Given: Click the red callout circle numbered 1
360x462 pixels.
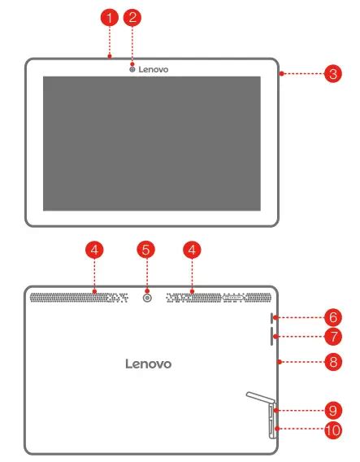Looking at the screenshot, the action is click(x=110, y=17).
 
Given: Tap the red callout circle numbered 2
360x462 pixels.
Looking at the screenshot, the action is click(x=132, y=17).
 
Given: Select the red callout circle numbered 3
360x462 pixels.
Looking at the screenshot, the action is click(x=333, y=74).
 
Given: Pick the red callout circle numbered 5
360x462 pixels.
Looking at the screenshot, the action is click(x=146, y=251).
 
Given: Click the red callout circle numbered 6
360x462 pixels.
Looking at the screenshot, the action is click(x=333, y=317).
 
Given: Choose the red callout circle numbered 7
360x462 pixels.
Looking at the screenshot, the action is click(x=333, y=337).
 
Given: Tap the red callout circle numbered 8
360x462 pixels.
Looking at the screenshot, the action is click(x=333, y=362).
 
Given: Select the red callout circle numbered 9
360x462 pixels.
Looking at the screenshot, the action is click(x=333, y=411).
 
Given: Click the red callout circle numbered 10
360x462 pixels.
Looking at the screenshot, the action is click(x=333, y=430).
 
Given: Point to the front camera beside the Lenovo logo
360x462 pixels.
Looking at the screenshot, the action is click(x=132, y=69).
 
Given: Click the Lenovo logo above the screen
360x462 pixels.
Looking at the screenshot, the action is click(x=154, y=69).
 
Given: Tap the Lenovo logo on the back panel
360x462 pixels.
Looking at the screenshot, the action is click(x=148, y=364).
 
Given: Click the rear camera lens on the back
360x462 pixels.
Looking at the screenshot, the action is click(x=147, y=299).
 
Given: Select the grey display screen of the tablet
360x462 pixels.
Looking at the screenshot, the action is click(x=152, y=143).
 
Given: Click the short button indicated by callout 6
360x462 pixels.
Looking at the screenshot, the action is click(x=271, y=317).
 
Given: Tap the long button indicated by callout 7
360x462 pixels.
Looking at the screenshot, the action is click(x=271, y=336).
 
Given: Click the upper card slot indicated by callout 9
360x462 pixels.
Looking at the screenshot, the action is click(x=271, y=412).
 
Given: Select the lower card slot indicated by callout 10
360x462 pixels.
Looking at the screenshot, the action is click(x=271, y=428).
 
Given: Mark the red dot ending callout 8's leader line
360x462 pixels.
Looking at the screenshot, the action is click(x=280, y=362).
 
